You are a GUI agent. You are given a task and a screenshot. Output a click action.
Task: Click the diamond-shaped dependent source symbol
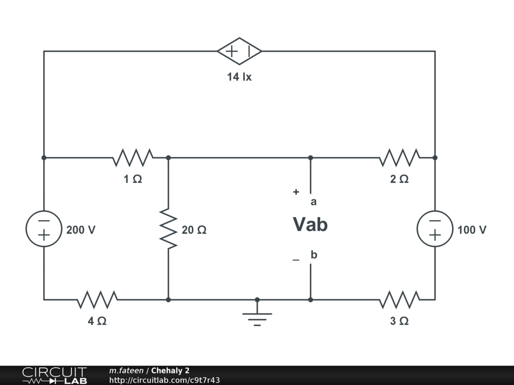click(x=239, y=51)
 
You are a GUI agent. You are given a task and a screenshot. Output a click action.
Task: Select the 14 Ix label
click(x=239, y=77)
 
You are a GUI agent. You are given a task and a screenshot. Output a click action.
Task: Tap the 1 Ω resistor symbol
click(x=133, y=157)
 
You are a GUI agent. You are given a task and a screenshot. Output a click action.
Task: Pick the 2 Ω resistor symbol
click(x=399, y=157)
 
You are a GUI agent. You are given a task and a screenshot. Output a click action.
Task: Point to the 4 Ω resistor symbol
click(x=97, y=300)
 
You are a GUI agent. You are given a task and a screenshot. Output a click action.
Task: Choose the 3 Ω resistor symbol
click(x=399, y=300)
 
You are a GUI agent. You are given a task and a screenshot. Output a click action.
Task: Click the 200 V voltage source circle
click(x=44, y=229)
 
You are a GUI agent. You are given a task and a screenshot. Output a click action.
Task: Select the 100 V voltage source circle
click(x=435, y=229)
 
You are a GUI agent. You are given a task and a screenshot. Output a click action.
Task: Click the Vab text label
click(x=310, y=225)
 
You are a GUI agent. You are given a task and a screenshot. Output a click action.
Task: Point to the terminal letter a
click(x=314, y=202)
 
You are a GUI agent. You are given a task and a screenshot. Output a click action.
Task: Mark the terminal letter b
click(x=314, y=255)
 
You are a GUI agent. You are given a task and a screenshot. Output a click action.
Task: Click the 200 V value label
click(x=81, y=230)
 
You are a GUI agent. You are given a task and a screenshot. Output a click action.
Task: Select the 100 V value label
click(x=472, y=230)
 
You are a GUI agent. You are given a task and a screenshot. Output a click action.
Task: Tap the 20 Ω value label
click(x=194, y=230)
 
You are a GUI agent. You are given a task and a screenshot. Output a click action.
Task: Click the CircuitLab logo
click(x=54, y=375)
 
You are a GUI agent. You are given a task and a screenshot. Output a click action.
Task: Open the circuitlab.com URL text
click(x=165, y=380)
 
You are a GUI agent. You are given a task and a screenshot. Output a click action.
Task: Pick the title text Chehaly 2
click(x=171, y=370)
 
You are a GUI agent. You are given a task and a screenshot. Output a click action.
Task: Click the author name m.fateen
click(x=126, y=370)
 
